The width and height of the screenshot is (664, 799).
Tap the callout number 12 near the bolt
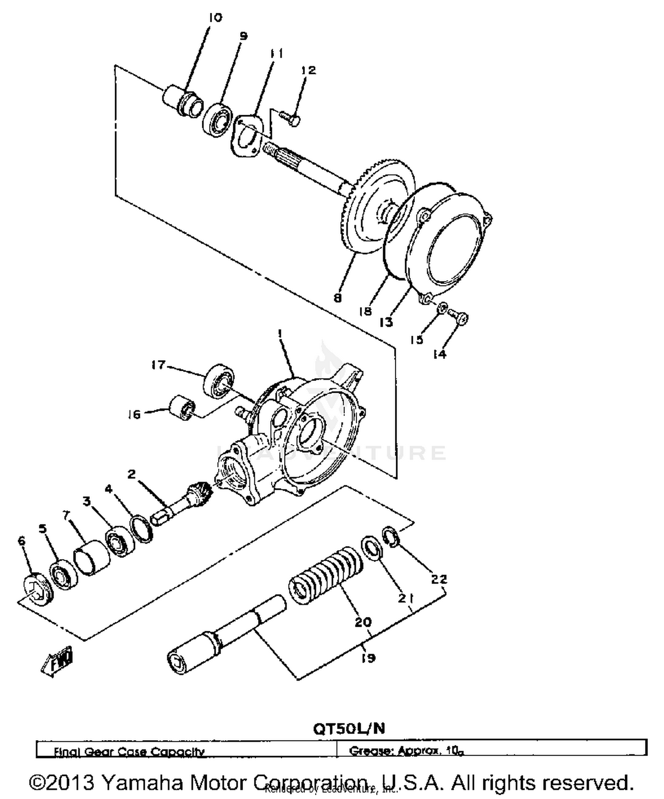click(309, 70)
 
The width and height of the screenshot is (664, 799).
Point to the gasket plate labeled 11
click(246, 136)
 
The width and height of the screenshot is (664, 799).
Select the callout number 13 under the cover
click(386, 322)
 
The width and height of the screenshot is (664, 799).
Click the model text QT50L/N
click(349, 729)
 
